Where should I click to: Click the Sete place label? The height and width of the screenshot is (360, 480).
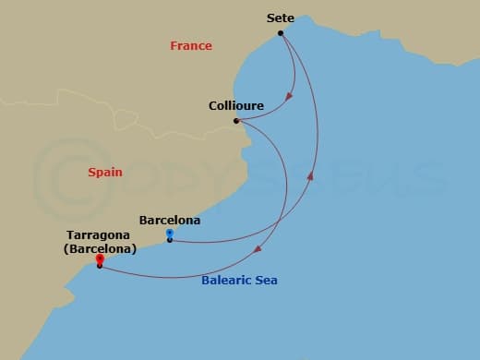click(x=281, y=18)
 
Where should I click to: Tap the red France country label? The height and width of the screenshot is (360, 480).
click(x=191, y=46)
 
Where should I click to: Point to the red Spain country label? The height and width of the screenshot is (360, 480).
click(x=104, y=172)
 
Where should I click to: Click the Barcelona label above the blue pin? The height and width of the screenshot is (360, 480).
click(x=169, y=221)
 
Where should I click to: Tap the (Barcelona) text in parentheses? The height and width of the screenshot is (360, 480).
click(x=102, y=249)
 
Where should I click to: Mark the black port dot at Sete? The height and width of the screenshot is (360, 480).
click(x=280, y=34)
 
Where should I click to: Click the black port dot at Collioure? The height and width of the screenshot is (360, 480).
click(x=236, y=121)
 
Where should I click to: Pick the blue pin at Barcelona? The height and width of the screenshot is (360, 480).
click(x=169, y=233)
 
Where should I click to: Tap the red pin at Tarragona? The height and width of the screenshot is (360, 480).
click(x=99, y=259)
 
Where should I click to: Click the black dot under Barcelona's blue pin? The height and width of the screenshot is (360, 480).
click(x=169, y=241)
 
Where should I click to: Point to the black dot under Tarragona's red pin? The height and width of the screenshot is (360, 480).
click(x=99, y=266)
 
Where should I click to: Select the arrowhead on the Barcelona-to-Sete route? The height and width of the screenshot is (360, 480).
click(x=311, y=175)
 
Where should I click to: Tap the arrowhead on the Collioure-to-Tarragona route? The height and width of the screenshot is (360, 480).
click(x=258, y=246)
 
